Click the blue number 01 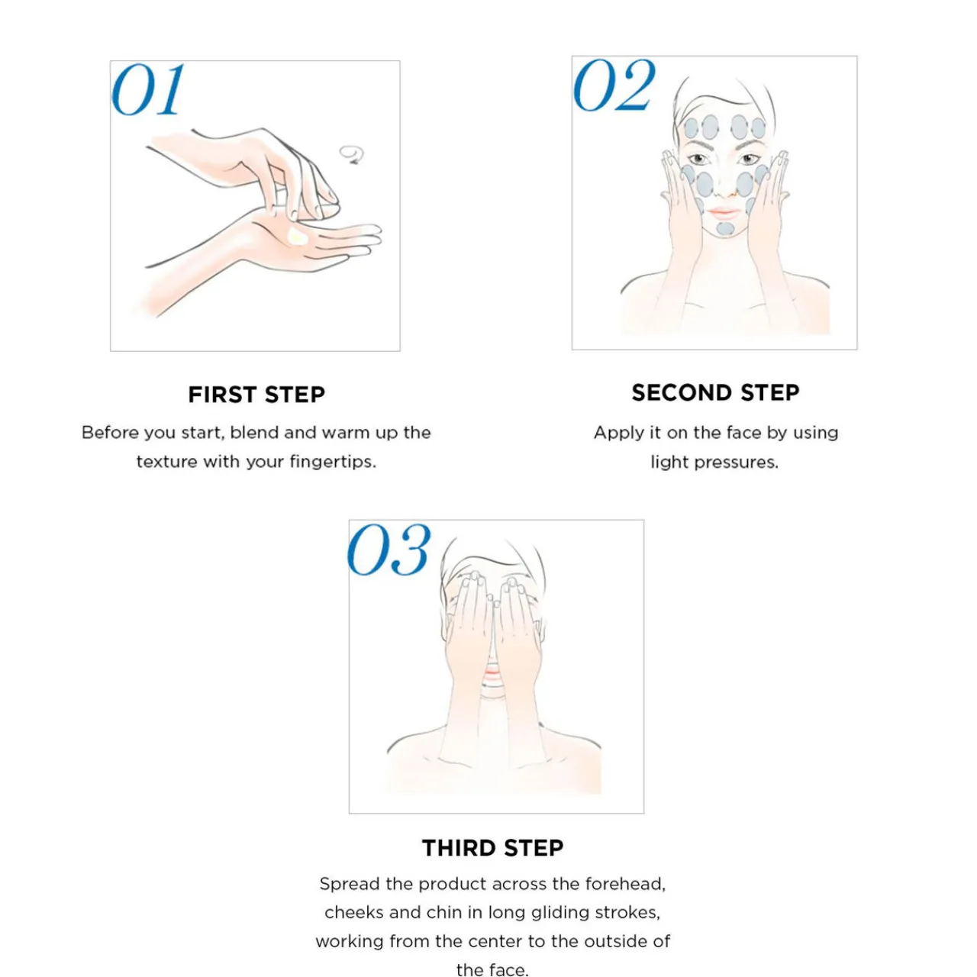[147, 90]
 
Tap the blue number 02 [614, 85]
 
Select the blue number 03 [389, 550]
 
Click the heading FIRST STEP [256, 395]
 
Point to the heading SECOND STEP [715, 393]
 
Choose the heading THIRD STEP [493, 848]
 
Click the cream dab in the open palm [295, 237]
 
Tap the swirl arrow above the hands [352, 154]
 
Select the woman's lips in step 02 [724, 212]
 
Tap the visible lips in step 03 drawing [492, 672]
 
